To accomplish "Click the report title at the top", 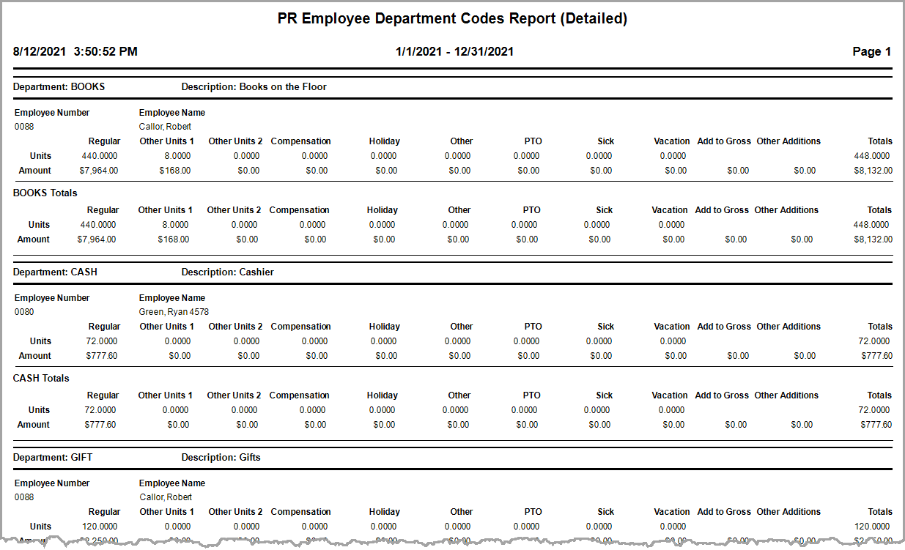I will tap(452, 19).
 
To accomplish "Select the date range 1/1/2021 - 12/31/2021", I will tap(454, 52).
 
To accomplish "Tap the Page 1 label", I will tap(871, 52).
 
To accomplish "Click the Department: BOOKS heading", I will tap(59, 86).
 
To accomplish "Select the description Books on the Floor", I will tap(283, 86).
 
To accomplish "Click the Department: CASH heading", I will tap(56, 272).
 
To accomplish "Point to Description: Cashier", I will tap(227, 272).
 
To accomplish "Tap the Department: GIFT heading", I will tap(53, 457).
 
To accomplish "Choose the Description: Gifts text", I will tap(221, 457).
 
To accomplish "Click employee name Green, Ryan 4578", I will tap(174, 312).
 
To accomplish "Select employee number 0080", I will tap(24, 312).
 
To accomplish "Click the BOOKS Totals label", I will tap(45, 193).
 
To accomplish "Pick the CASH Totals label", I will tap(42, 379).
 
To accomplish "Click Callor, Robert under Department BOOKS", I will tap(165, 127).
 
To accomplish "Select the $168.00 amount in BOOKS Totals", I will tap(174, 239).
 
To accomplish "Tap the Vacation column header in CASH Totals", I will tap(670, 395).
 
